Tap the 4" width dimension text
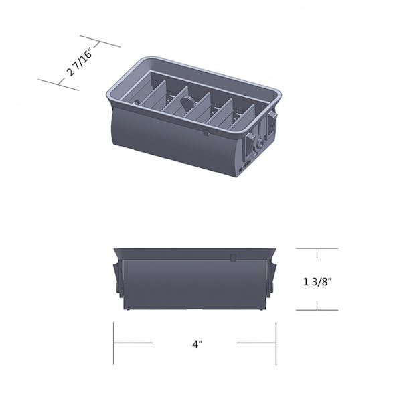pyautogui.click(x=196, y=345)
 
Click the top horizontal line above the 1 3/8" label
pyautogui.click(x=317, y=248)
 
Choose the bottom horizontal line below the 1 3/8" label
pyautogui.click(x=317, y=310)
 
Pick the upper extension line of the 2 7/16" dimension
pyautogui.click(x=100, y=41)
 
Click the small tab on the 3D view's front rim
pyautogui.click(x=206, y=133)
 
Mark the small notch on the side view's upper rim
pyautogui.click(x=232, y=257)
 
